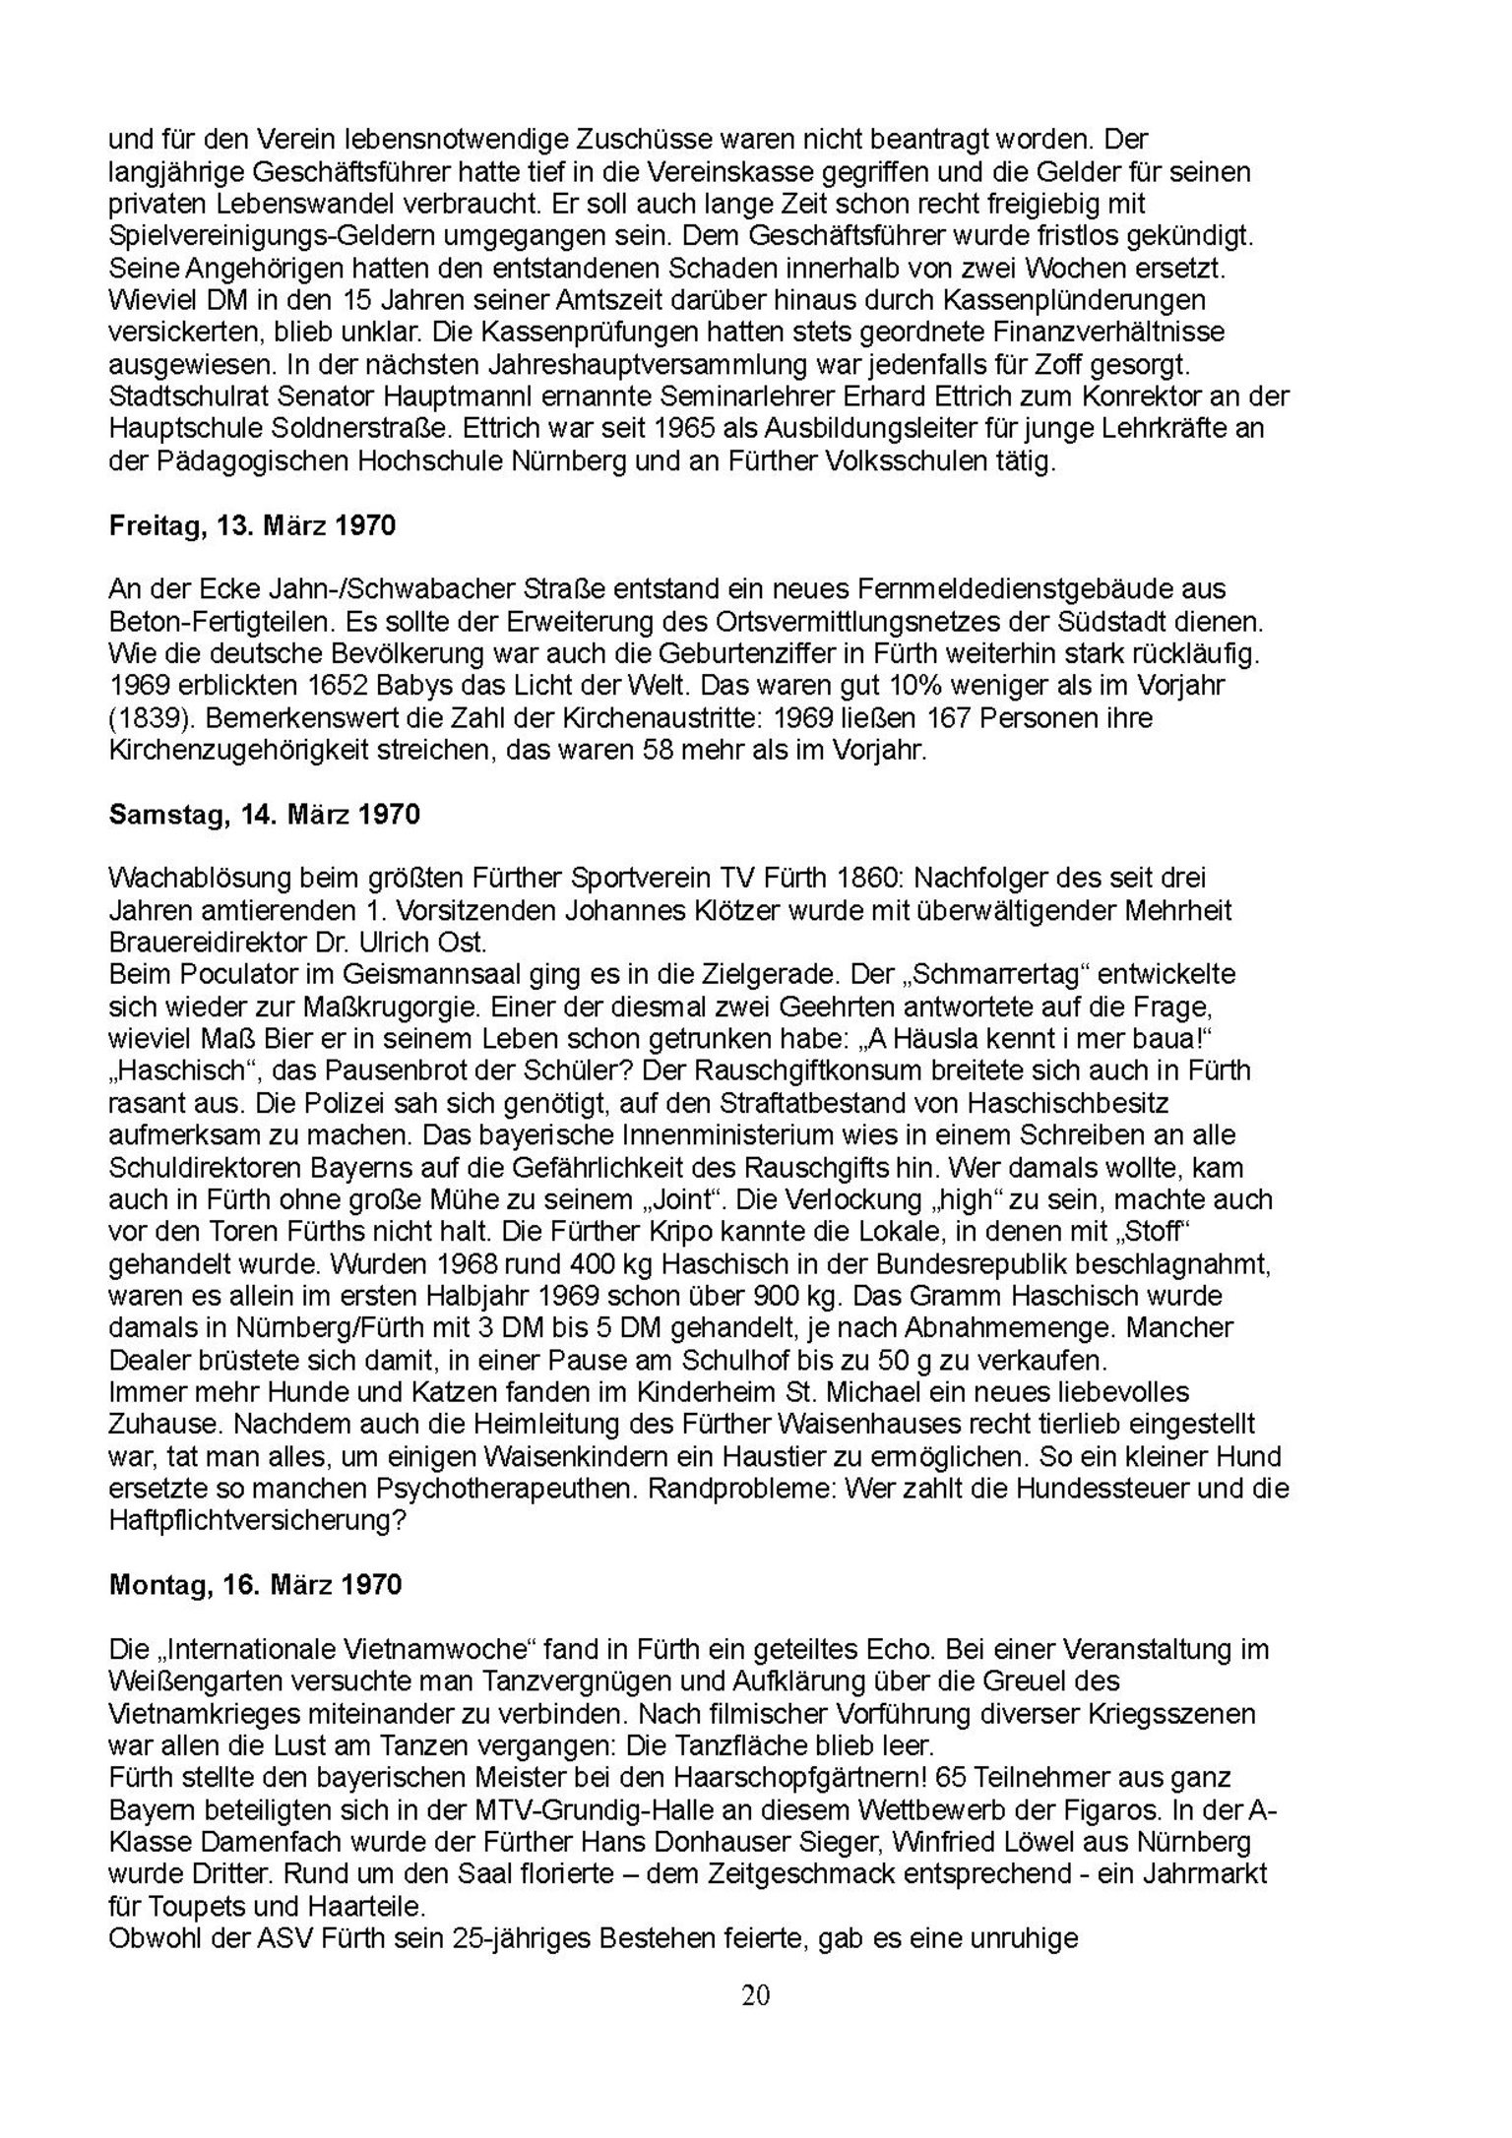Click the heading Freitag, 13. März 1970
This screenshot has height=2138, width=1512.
252,525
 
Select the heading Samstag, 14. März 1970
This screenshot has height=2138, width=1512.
264,814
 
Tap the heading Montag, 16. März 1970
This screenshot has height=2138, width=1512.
255,1584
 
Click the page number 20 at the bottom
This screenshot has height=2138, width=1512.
756,1994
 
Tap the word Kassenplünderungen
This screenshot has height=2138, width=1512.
1090,300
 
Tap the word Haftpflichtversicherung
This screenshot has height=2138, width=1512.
258,1520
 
